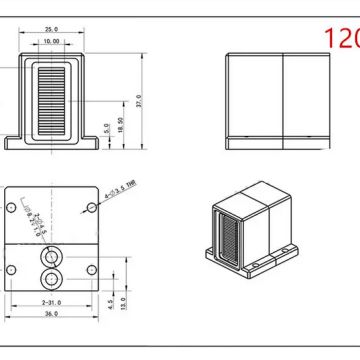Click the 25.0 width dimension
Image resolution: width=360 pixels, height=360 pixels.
52,30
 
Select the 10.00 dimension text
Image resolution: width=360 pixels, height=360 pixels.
50,42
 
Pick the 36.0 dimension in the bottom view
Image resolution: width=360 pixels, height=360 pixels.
51,313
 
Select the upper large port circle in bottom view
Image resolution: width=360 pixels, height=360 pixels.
49,256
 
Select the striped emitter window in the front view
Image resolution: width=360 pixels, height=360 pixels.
51,97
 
